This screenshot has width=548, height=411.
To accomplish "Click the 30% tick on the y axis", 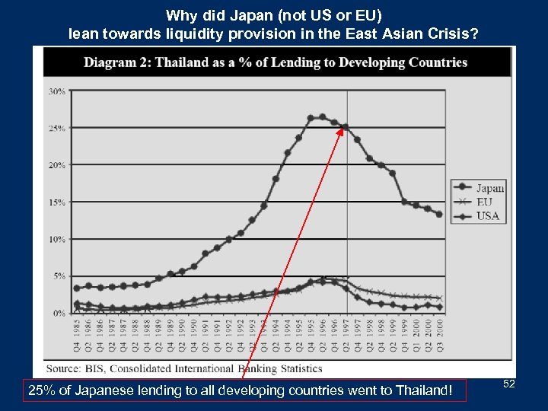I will [56, 91].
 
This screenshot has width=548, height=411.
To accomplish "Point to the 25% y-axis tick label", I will [56, 129].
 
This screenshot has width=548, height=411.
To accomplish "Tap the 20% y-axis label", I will [56, 165].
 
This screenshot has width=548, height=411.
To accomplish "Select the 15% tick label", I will [56, 202].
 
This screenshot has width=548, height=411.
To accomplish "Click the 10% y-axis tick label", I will [56, 239].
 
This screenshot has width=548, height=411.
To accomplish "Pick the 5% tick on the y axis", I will [58, 276].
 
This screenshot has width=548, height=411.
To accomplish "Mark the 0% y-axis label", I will [58, 313].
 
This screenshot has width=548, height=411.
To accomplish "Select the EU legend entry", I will [484, 202].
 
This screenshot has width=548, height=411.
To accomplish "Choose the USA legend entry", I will [487, 216].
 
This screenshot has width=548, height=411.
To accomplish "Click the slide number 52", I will [509, 384].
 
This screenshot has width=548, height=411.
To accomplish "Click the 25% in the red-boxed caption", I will [39, 391].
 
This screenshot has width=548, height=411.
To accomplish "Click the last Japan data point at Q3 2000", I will [439, 215].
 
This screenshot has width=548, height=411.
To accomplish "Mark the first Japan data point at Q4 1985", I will [76, 288].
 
